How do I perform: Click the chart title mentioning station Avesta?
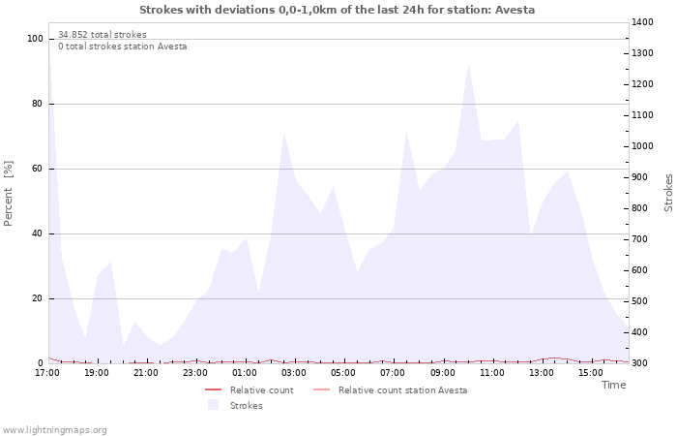(x=337, y=10)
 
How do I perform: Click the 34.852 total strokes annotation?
(x=103, y=35)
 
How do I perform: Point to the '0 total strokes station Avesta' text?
(x=123, y=47)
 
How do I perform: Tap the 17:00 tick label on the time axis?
(x=47, y=372)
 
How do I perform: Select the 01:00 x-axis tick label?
(x=246, y=372)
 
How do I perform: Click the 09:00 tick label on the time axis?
(x=443, y=372)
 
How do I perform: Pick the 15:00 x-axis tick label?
(x=592, y=372)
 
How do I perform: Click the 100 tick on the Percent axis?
(x=35, y=39)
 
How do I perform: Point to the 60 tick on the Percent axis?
(x=38, y=169)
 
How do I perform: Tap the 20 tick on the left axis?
(x=38, y=298)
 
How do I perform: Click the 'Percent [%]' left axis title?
(x=9, y=194)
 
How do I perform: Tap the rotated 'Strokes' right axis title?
(x=668, y=193)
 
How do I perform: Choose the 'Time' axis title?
(x=613, y=385)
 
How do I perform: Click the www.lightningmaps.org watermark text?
(x=55, y=429)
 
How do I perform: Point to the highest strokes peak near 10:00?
(x=468, y=64)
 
